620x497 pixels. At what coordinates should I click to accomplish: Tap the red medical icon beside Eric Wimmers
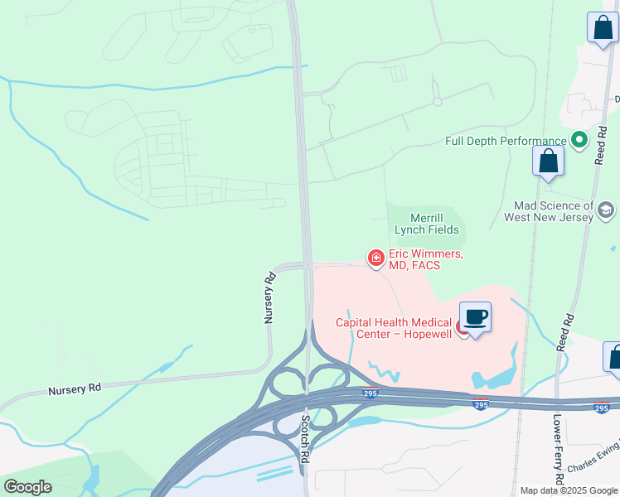pos(375,258)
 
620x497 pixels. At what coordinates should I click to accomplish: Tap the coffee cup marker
pos(476,317)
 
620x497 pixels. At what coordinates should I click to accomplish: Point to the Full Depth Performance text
pos(506,141)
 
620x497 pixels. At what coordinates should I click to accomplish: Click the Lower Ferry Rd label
pos(559,448)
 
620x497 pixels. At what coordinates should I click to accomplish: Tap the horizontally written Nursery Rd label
pos(74,388)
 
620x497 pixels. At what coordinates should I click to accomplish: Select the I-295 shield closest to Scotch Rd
pos(370,393)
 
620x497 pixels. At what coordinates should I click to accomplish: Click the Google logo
pos(27,487)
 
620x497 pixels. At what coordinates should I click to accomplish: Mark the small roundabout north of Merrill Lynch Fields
pos(437,102)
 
